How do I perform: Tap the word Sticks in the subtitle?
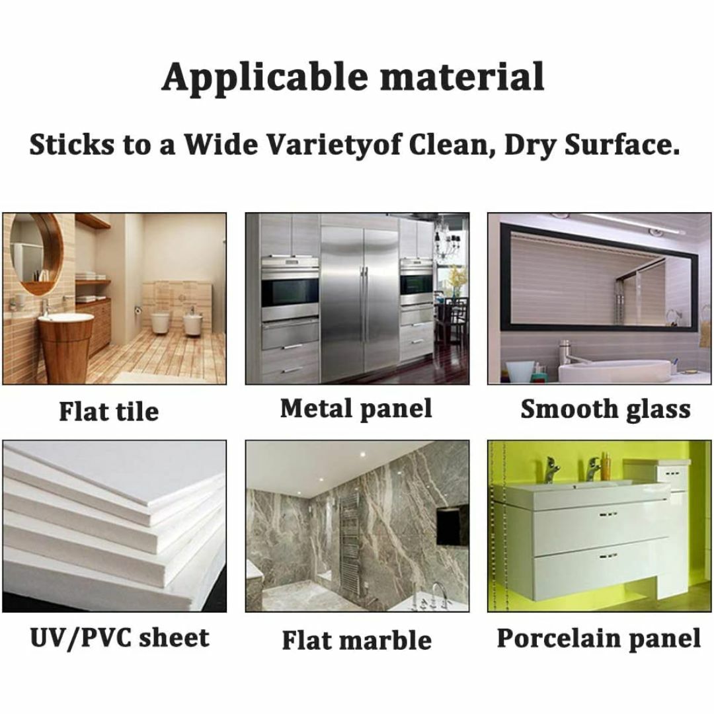[72, 144]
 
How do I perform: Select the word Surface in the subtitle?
[621, 144]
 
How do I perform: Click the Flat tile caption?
[109, 411]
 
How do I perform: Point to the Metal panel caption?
[356, 409]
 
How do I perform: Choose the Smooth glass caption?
[606, 409]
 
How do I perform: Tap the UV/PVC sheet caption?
[119, 637]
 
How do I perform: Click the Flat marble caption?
[357, 640]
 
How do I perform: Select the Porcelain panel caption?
[598, 639]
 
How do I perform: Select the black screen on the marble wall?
[453, 524]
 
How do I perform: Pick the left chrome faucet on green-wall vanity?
[551, 469]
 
